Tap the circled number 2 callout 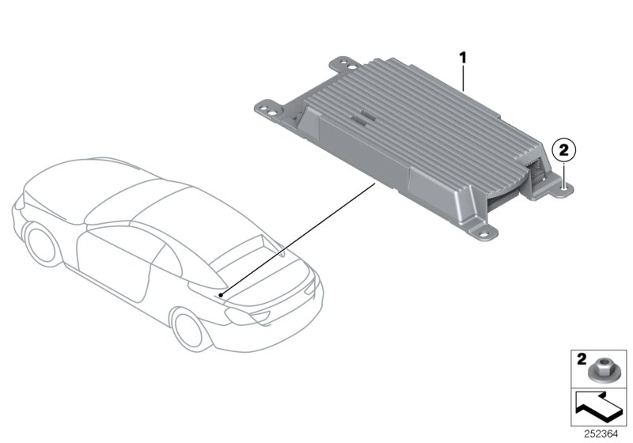[x=563, y=148]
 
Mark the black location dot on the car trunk [x=222, y=294]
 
